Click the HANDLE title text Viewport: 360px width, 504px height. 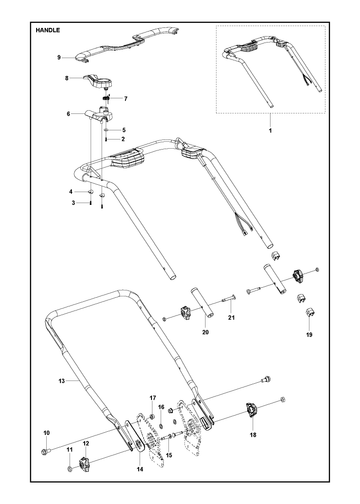(x=48, y=30)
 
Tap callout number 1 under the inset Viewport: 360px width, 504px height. (x=270, y=131)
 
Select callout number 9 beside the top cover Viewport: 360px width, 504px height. (x=59, y=58)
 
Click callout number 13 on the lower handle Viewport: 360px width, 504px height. (x=62, y=381)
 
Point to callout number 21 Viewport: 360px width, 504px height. (x=231, y=318)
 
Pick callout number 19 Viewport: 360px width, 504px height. (x=309, y=335)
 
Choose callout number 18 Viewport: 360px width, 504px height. (x=252, y=435)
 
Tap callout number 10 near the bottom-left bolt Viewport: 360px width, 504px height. (x=46, y=433)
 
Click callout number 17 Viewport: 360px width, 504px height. (x=153, y=398)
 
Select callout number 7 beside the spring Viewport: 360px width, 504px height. (x=126, y=99)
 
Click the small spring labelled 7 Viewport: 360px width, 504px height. (x=106, y=99)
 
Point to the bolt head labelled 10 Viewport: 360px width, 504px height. (x=46, y=452)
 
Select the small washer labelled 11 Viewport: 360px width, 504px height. (x=70, y=469)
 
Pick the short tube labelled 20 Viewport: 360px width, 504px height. (x=202, y=303)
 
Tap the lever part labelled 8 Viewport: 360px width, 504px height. (x=99, y=82)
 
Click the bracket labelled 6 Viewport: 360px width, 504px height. (x=99, y=116)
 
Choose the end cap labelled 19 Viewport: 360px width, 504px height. (x=310, y=313)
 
